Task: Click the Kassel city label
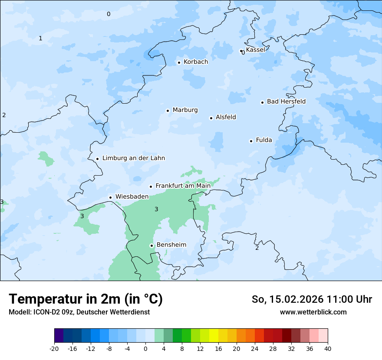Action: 255,50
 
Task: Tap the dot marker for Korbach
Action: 179,62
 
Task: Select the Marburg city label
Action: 185,110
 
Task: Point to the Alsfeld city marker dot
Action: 211,118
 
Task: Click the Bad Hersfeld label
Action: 286,101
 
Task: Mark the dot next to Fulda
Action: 251,141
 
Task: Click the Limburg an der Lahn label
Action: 133,158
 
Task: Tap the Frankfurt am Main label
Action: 183,186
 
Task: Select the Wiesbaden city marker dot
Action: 111,197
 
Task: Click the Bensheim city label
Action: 171,245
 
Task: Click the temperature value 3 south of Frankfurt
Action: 157,209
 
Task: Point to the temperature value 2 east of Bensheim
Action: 257,248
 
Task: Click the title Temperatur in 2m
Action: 86,299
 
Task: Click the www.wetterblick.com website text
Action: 313,312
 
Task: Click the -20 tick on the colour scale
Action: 54,349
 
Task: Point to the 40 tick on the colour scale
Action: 328,349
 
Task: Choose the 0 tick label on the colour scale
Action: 145,349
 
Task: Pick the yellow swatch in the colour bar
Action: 214,336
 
